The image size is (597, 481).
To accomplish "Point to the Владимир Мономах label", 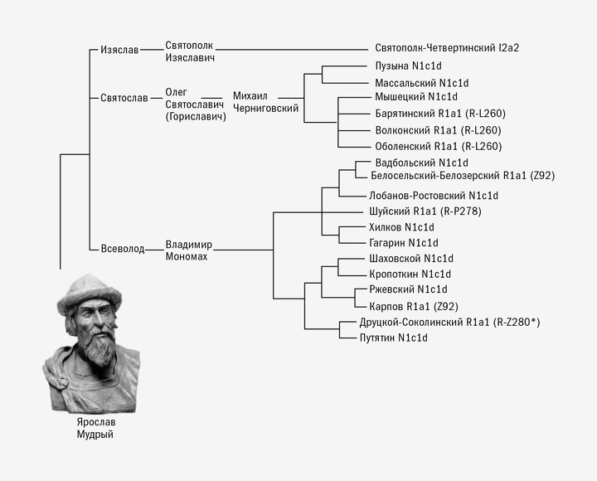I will pos(189,250).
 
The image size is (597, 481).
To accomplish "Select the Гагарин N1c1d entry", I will pos(403,243).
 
